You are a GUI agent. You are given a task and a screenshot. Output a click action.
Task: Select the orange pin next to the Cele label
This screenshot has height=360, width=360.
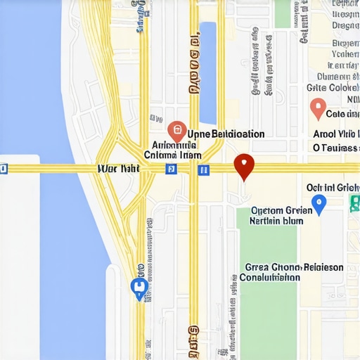click(x=318, y=109)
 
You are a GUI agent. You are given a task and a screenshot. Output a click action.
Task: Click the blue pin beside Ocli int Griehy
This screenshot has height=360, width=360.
click(x=319, y=205)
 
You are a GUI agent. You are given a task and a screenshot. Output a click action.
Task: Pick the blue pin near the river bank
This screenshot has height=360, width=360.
click(x=139, y=287)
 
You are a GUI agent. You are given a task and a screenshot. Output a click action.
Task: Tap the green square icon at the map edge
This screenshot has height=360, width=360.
click(x=354, y=204)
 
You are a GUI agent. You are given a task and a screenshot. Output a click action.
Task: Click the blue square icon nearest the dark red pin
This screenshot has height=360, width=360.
click(x=203, y=169)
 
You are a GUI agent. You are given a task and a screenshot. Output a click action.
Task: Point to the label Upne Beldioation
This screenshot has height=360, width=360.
click(x=226, y=134)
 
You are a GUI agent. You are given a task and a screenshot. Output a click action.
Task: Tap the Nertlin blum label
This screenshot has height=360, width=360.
click(x=276, y=221)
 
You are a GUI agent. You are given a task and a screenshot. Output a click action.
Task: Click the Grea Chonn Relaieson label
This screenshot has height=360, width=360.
click(x=294, y=267)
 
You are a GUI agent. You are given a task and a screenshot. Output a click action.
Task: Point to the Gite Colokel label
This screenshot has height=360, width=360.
click(x=332, y=89)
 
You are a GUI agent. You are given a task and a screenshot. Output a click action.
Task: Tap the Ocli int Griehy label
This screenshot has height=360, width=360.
click(x=332, y=188)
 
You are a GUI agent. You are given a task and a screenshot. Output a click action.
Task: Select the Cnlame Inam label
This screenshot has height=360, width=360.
click(x=172, y=155)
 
